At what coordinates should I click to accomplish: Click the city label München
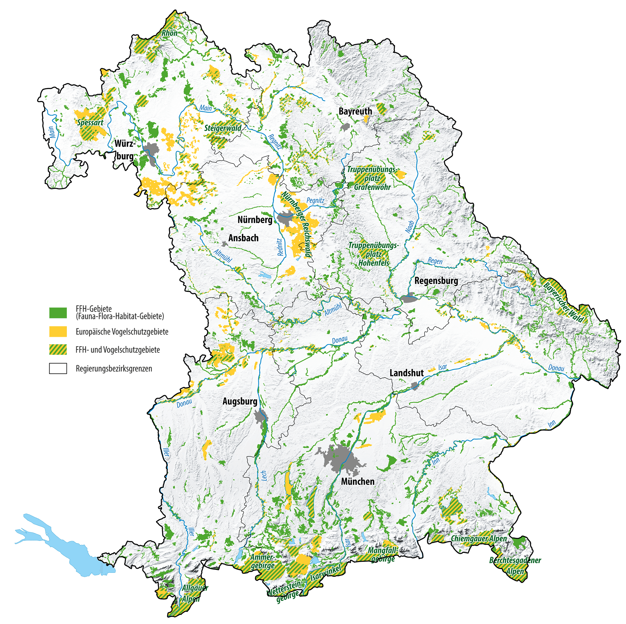point(357,482)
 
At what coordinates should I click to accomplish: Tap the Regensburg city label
point(436,281)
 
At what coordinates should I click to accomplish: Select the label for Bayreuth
point(355,111)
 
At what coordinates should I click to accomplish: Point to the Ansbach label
point(243,238)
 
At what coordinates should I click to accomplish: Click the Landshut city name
point(407,373)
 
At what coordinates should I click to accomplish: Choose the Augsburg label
point(240,401)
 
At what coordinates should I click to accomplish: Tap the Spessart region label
point(90,123)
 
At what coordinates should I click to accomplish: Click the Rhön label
point(170,33)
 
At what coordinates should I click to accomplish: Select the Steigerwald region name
point(223,128)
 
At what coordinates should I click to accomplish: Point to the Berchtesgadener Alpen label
point(515,566)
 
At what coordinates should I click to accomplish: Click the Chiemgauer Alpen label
point(479,539)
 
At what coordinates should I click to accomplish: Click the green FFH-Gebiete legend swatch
point(58,313)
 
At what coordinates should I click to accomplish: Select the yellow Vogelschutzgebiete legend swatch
point(58,332)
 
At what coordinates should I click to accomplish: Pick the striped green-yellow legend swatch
point(58,350)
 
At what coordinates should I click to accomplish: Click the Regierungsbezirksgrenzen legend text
point(114,369)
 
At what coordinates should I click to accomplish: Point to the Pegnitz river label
point(315,201)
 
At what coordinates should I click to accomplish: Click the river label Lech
point(264,476)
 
